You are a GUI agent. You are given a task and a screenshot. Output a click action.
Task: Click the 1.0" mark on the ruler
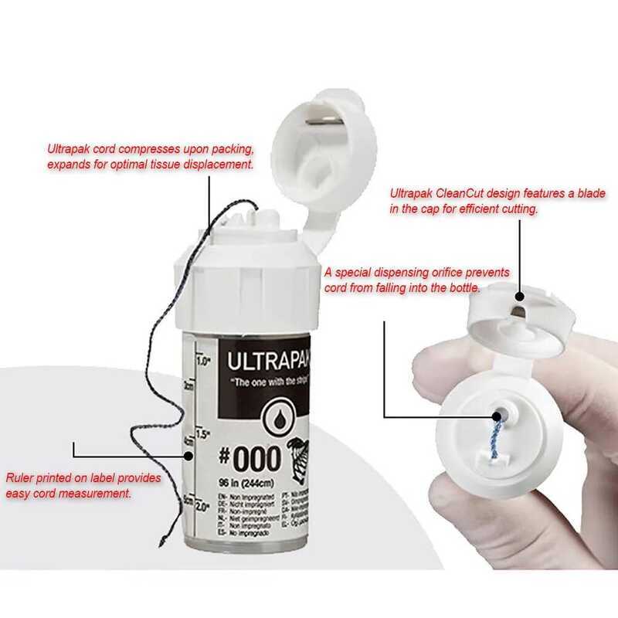[203, 361]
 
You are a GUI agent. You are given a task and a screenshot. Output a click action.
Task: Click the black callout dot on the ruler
[192, 457]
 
